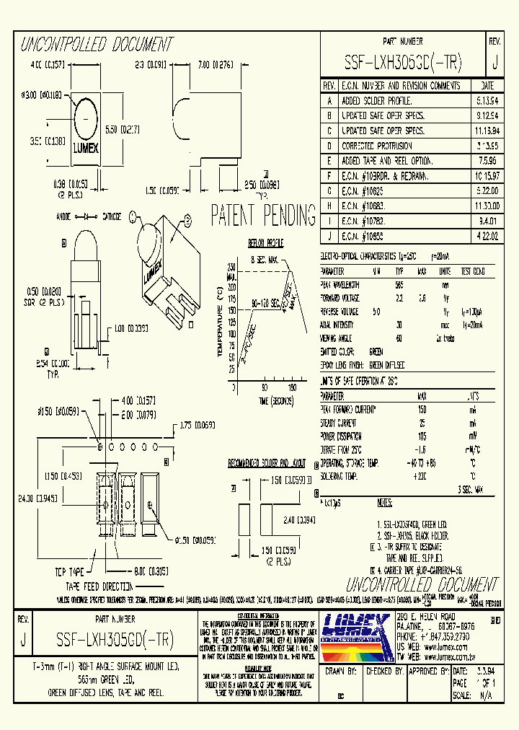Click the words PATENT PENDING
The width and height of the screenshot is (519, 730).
click(x=263, y=215)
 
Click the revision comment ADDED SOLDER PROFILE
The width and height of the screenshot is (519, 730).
click(x=376, y=101)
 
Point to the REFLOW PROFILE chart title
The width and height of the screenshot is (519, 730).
click(x=266, y=243)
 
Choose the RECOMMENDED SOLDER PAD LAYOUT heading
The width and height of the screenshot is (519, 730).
click(x=267, y=461)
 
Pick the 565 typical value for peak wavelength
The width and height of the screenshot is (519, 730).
click(x=399, y=284)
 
